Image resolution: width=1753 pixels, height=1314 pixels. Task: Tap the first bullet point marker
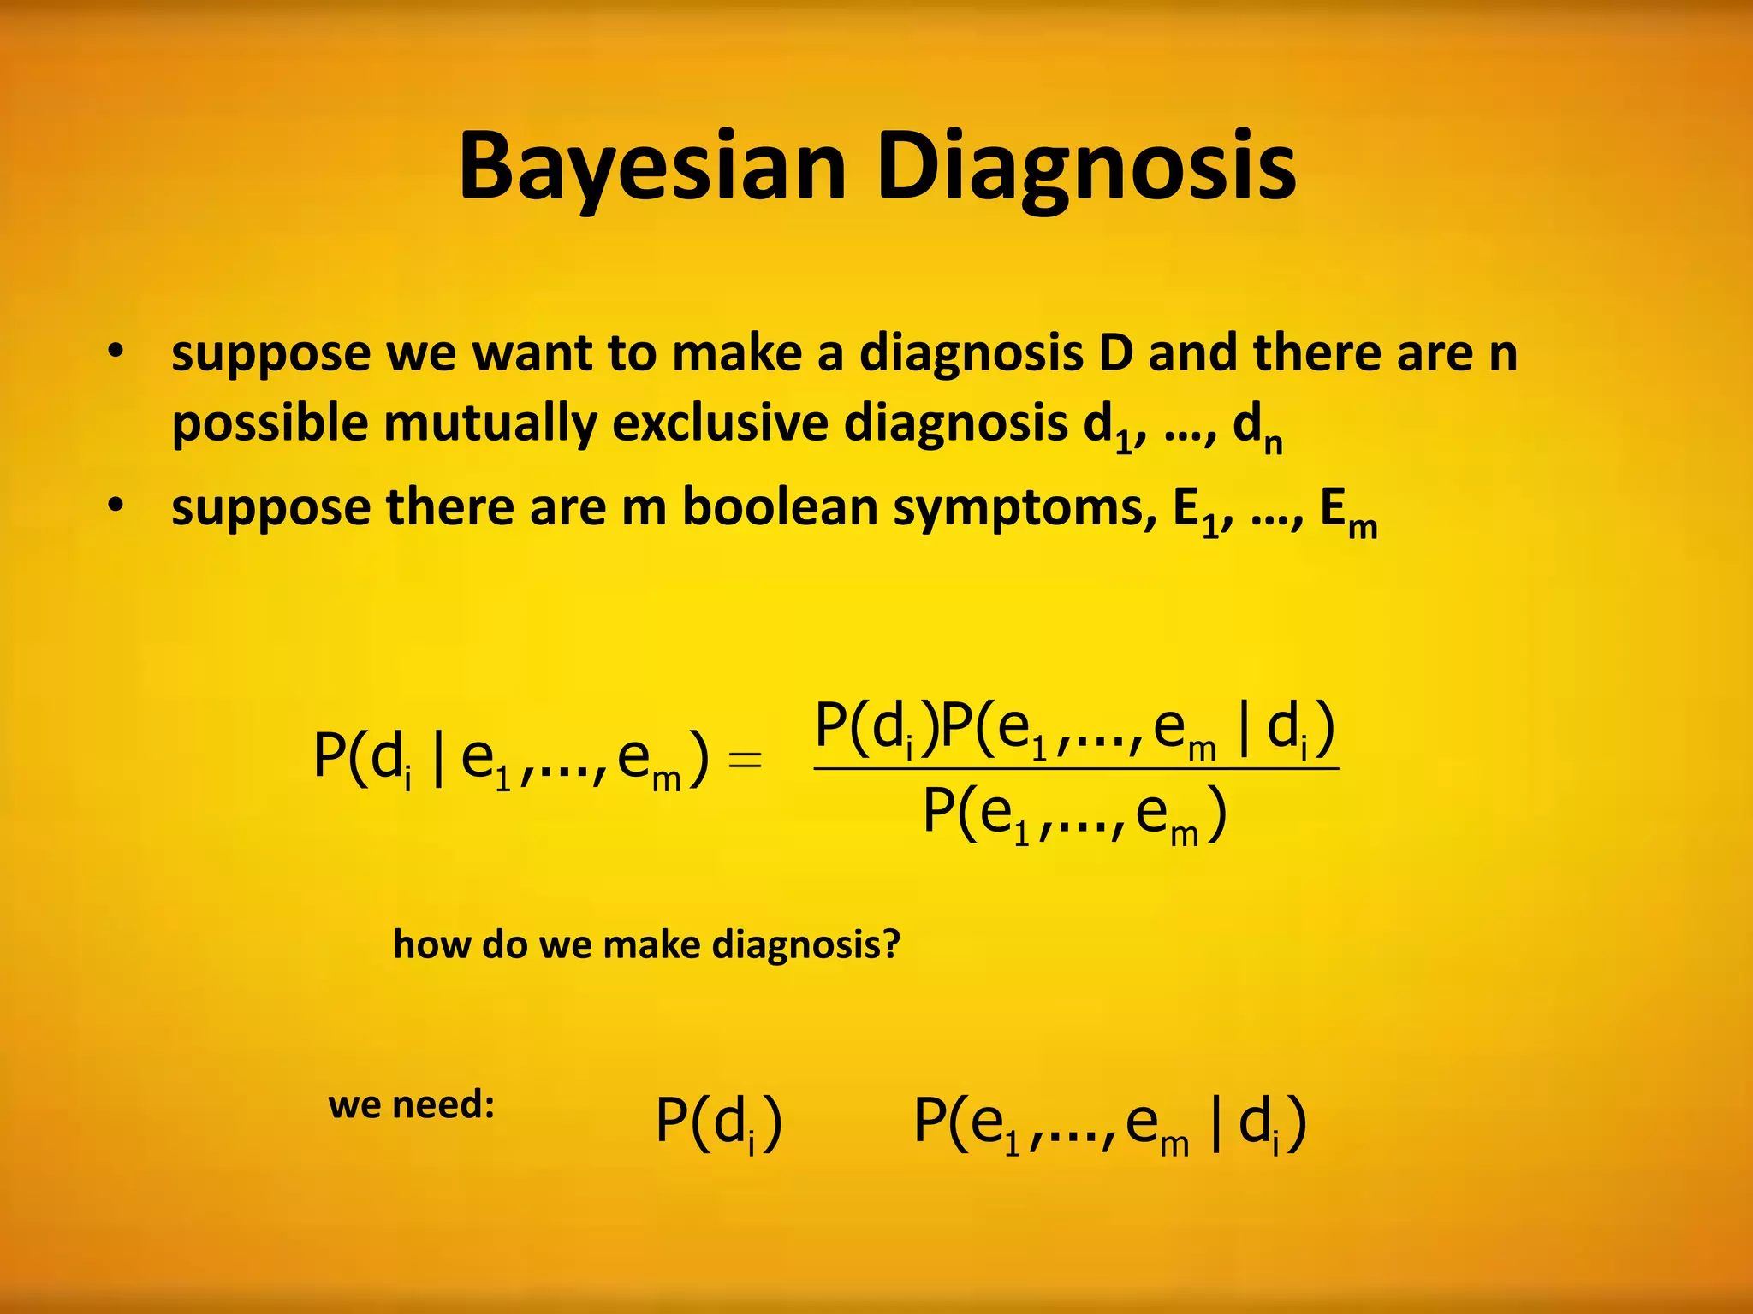click(116, 352)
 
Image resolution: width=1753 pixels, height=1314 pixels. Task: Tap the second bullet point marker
click(116, 506)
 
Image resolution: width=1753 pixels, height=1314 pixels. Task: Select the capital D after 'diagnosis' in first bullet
click(1115, 352)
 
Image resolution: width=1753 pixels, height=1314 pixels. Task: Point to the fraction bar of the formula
click(1076, 769)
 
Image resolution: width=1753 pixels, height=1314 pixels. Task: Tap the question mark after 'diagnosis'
click(890, 944)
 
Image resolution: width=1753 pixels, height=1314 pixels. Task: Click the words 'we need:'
click(412, 1104)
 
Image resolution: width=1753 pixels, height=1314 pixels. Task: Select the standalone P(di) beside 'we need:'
click(718, 1122)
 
